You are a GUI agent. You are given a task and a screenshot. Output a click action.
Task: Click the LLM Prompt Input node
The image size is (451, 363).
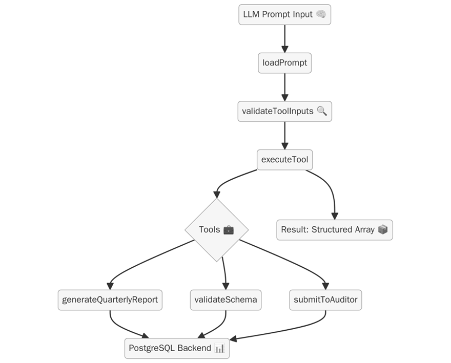tap(284, 14)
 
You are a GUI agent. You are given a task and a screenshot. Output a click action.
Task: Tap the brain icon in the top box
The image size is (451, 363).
tap(321, 14)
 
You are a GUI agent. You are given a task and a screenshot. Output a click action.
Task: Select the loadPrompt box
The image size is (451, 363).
tap(284, 63)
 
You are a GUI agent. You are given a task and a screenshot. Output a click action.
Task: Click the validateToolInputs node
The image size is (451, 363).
tap(284, 111)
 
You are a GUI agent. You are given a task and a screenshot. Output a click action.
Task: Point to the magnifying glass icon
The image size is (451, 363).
tap(322, 111)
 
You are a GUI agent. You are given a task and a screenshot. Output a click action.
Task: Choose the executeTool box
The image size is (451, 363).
tap(284, 159)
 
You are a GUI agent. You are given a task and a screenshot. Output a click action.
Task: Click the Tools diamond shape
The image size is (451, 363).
tap(216, 230)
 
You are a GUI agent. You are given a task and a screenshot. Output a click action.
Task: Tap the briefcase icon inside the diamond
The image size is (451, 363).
tap(229, 230)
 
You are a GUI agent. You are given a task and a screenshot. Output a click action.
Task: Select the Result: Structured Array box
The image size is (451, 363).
tap(334, 230)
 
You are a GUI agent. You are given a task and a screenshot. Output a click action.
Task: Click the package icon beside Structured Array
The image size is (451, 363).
tap(383, 230)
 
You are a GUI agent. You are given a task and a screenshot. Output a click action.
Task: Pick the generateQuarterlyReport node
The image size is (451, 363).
tap(110, 300)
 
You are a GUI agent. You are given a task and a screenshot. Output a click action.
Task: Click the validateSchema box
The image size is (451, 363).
tap(225, 300)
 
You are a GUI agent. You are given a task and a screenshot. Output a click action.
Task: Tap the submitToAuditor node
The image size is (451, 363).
tap(325, 300)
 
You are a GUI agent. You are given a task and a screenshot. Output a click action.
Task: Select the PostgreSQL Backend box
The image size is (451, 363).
tap(177, 348)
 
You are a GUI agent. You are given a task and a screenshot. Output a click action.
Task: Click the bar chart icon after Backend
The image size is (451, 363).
tap(219, 348)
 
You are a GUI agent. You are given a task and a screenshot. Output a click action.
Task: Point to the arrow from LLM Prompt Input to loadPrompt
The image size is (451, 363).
tap(284, 38)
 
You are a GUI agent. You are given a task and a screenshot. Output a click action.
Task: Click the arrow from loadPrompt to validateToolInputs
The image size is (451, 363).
tap(284, 87)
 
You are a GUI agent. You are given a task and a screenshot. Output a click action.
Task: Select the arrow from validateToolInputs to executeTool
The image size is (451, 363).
tap(284, 135)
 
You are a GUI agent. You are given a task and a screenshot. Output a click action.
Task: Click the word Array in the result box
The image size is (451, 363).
tap(364, 230)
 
